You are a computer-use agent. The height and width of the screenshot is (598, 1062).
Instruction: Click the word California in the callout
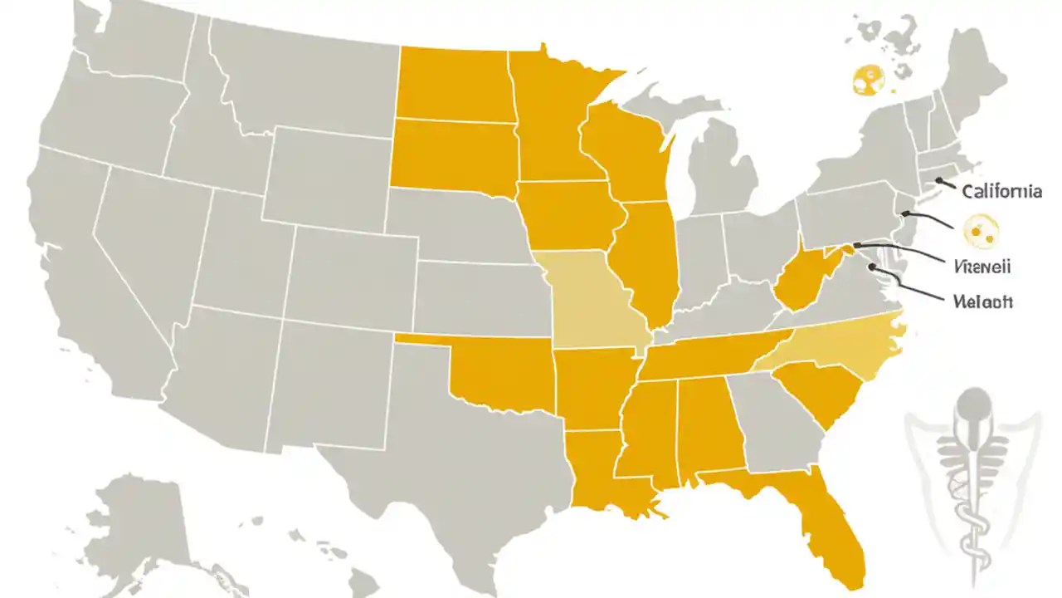pyautogui.click(x=1001, y=192)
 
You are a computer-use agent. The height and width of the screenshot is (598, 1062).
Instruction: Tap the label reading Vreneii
pyautogui.click(x=983, y=267)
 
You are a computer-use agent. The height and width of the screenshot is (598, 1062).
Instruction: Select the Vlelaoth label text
pyautogui.click(x=983, y=302)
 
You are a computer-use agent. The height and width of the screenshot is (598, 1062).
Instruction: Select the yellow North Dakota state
pyautogui.click(x=452, y=83)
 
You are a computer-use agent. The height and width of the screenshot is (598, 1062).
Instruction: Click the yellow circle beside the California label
pyautogui.click(x=983, y=230)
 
